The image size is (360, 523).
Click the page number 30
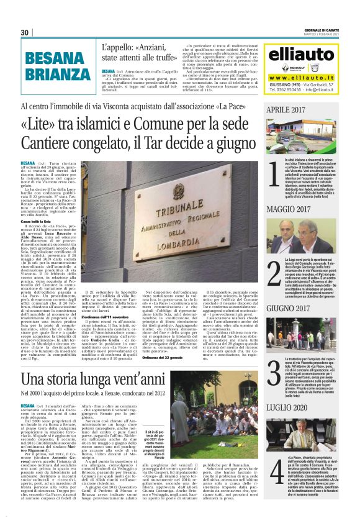tap(25, 32)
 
